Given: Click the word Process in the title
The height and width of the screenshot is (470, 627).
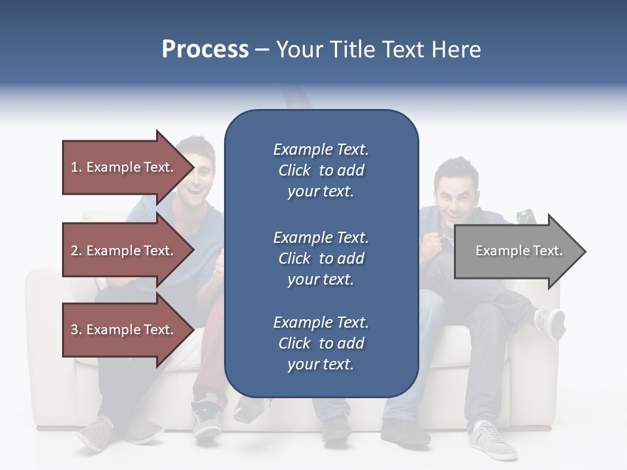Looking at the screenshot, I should (205, 50).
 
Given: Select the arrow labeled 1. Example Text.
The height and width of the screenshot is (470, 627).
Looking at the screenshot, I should (124, 167).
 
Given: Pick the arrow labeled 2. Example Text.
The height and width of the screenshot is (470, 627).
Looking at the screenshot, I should (124, 251).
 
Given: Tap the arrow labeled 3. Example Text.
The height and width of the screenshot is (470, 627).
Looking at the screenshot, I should (124, 330).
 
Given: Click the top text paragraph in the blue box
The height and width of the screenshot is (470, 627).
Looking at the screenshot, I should (321, 170).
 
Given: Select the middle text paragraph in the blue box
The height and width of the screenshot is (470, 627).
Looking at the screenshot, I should (321, 258).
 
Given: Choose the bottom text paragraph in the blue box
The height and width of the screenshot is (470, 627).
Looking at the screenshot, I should (321, 343).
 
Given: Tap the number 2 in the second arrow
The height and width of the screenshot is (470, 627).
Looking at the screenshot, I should (74, 251).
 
